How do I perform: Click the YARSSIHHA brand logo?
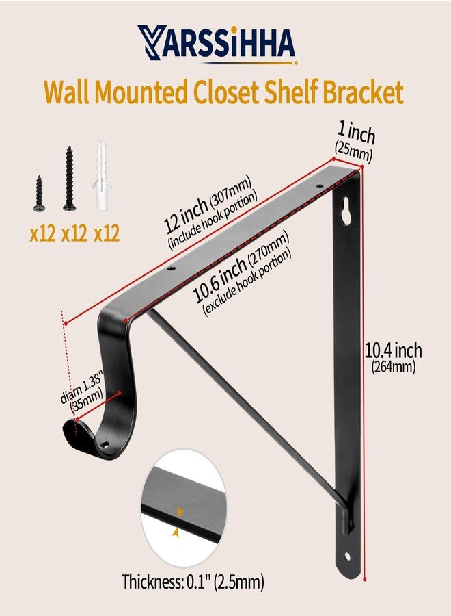point(217,44)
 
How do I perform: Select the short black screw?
point(39,194)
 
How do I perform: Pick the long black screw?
point(68,179)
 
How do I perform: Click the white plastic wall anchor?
point(101,176)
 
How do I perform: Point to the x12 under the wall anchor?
point(107,234)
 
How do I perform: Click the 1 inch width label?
point(356,132)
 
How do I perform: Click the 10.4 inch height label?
point(394,350)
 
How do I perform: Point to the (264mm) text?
point(393,367)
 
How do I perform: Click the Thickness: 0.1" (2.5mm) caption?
point(193,581)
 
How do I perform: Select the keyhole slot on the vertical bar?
point(346,211)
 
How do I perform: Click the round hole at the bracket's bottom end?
point(347,556)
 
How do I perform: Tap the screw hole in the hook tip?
point(105,444)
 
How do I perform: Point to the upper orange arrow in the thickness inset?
point(180,512)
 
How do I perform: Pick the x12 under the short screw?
point(42,234)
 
